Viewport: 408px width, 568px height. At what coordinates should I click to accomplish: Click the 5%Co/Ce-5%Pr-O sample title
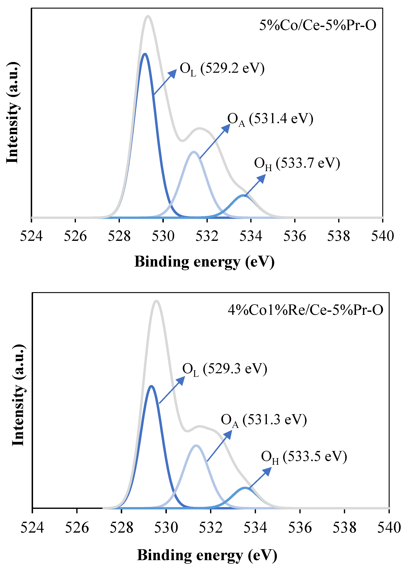tap(318, 25)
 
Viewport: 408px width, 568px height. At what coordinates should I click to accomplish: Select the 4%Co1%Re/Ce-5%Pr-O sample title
tap(305, 310)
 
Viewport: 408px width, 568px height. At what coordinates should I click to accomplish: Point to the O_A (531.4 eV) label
tap(270, 119)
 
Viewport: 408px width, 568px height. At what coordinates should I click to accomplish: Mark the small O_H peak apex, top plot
tap(243, 195)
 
